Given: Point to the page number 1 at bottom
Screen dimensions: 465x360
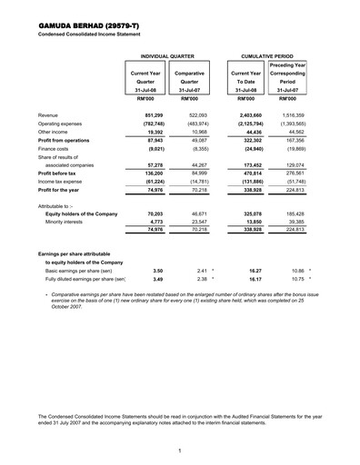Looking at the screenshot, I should pos(180,450).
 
